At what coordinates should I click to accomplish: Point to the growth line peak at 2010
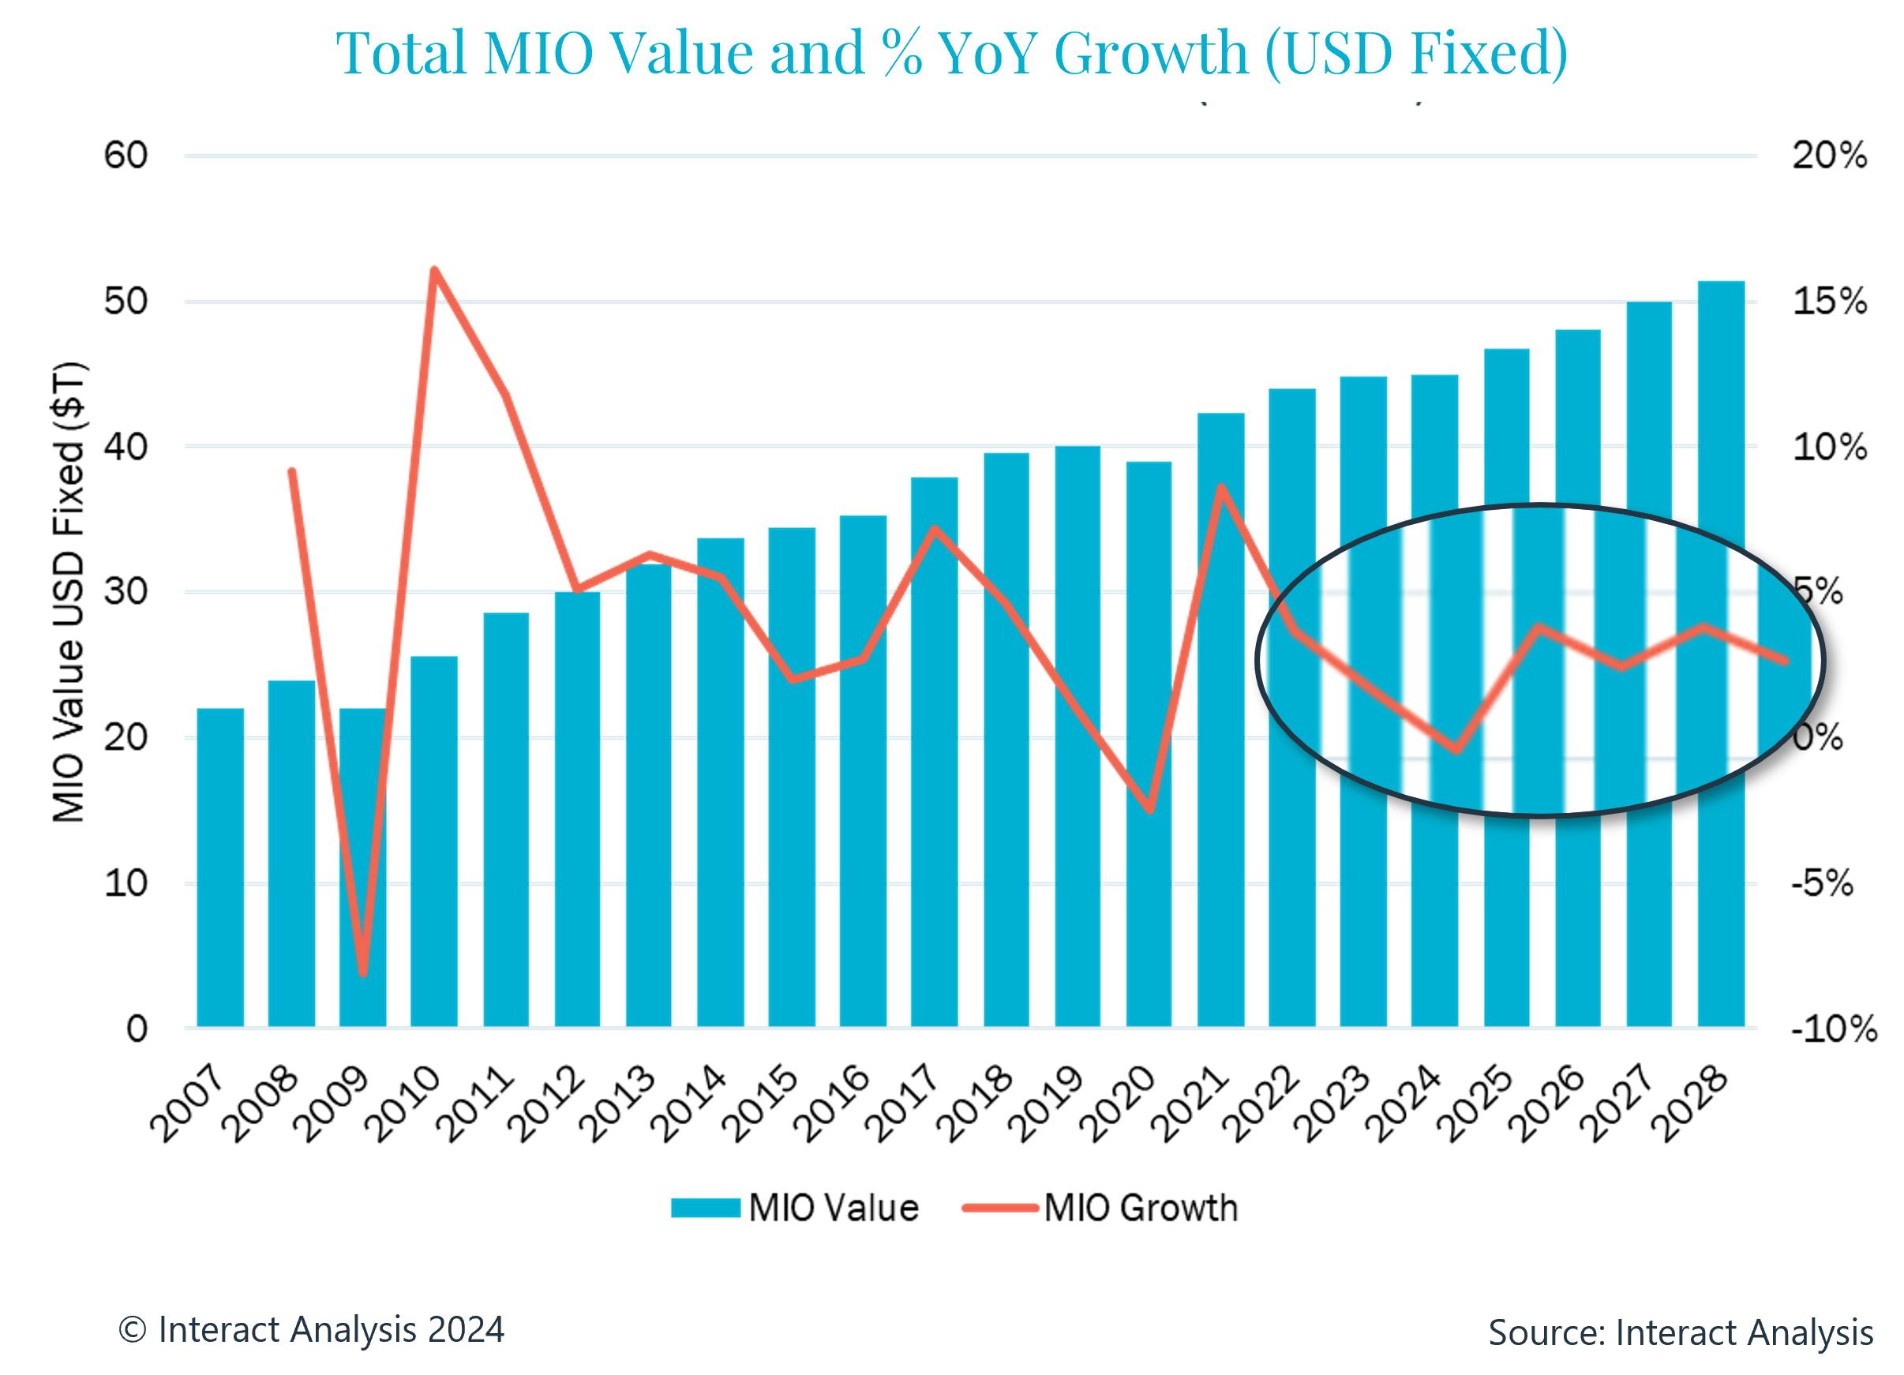coord(434,270)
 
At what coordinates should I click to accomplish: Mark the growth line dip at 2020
coord(1149,810)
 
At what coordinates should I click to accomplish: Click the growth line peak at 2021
coord(1221,488)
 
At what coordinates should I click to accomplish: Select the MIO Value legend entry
coord(794,1208)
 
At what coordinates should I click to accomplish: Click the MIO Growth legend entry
coord(1100,1208)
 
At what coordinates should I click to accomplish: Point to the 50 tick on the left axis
coord(126,302)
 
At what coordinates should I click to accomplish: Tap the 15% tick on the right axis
coord(1829,302)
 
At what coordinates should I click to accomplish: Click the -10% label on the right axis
coord(1834,1028)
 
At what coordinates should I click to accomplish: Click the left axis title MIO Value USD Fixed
coord(69,592)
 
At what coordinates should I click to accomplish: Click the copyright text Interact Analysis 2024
coord(312,1329)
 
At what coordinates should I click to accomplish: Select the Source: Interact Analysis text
coord(1680,1332)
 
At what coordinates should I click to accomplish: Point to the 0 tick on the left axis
coord(136,1028)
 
